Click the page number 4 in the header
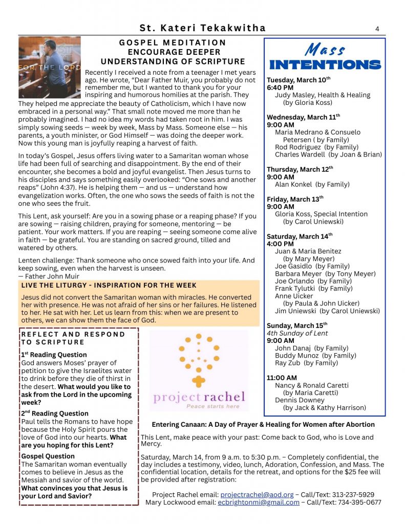click(377, 29)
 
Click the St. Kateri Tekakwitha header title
click(203, 28)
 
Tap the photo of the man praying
click(50, 67)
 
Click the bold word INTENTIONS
click(325, 65)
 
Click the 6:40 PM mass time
click(280, 88)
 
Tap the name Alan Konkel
click(294, 184)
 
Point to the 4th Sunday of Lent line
click(297, 333)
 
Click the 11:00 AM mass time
click(282, 378)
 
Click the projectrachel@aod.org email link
click(257, 495)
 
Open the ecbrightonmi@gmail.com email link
click(258, 503)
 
